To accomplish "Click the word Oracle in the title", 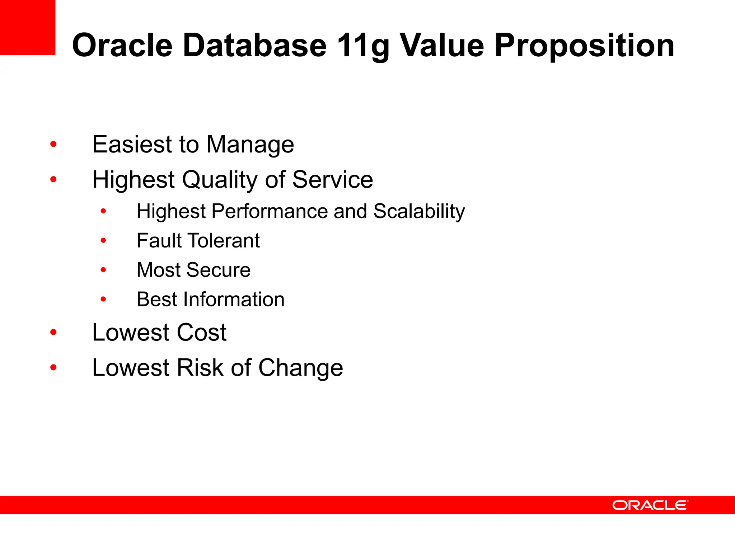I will pos(122,45).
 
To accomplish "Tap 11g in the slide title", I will pos(363,46).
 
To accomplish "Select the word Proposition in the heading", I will pos(584,46).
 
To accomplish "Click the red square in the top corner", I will pos(27,27).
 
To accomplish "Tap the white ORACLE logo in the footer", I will pos(650,505).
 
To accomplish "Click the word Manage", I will pos(250,145).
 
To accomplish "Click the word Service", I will pos(332,179).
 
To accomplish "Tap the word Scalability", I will pos(419,212).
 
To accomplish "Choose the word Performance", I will pos(269,212).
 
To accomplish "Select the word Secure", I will pos(218,270).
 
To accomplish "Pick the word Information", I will pos(234,300).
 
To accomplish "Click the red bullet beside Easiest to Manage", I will pos(53,145).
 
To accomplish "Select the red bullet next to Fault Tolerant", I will pos(103,240).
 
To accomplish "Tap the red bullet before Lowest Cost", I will pos(53,332).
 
